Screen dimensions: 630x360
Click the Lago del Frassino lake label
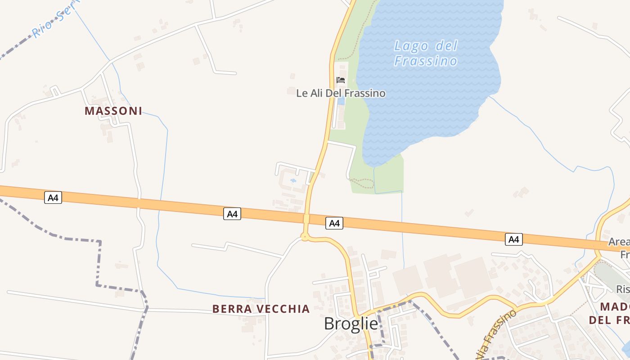point(426,53)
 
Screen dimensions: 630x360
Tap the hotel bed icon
point(341,80)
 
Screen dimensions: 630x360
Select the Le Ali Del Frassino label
point(341,93)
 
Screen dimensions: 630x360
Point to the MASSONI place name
point(113,111)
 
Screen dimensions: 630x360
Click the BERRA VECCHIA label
point(261,309)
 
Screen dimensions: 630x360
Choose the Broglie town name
point(351,324)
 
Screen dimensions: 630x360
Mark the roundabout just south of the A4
point(305,237)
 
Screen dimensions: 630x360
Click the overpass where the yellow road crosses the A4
point(306,219)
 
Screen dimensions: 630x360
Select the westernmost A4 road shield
point(53,198)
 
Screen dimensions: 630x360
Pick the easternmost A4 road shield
point(514,239)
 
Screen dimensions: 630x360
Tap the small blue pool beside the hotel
point(341,101)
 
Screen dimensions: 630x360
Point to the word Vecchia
point(285,309)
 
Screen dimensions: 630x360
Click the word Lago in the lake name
point(408,46)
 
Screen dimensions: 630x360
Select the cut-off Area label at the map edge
point(619,242)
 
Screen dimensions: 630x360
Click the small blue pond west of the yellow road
point(293,180)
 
